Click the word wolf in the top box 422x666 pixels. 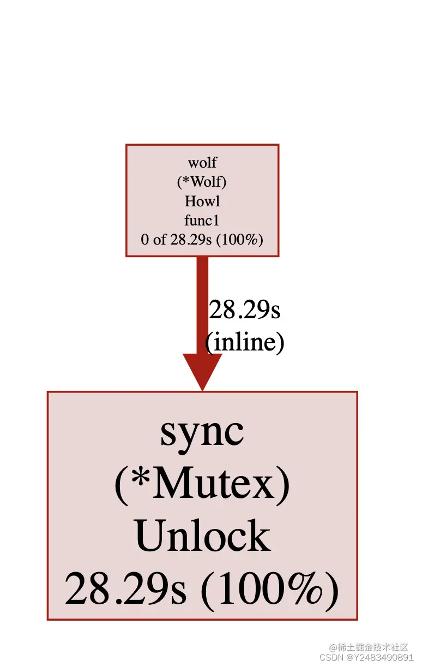[x=202, y=162]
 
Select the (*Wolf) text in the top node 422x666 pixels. [x=202, y=182]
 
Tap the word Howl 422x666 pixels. [x=202, y=201]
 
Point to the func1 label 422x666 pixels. [x=202, y=220]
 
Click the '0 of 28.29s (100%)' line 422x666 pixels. [x=202, y=239]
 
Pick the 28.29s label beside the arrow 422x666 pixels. [x=244, y=310]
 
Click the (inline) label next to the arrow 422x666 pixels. [x=245, y=342]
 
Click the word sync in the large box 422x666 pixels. [x=202, y=432]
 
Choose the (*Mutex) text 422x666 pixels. [x=202, y=484]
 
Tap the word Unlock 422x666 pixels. [x=202, y=536]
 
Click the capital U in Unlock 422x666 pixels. [x=148, y=536]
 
